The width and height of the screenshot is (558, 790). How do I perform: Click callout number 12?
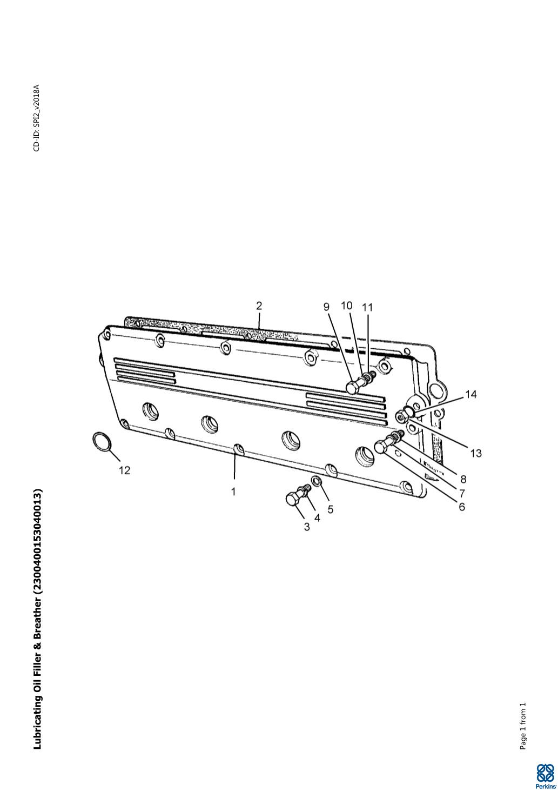click(x=125, y=470)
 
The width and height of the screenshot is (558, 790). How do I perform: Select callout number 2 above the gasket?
click(x=259, y=306)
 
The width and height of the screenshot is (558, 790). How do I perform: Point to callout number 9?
click(x=327, y=307)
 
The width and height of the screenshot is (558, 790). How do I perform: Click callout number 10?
click(x=347, y=306)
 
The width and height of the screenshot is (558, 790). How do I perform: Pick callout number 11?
click(x=367, y=308)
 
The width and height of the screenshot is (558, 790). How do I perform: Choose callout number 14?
click(x=470, y=394)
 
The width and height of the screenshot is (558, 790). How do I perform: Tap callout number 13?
click(x=476, y=453)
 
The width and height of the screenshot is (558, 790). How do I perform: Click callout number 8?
click(x=463, y=479)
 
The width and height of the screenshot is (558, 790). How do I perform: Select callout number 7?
click(x=462, y=493)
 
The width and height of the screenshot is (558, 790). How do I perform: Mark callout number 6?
click(x=462, y=507)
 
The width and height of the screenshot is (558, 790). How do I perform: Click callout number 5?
click(x=330, y=509)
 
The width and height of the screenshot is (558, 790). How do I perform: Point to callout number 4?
click(x=317, y=517)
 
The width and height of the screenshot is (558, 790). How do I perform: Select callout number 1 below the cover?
click(x=233, y=492)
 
